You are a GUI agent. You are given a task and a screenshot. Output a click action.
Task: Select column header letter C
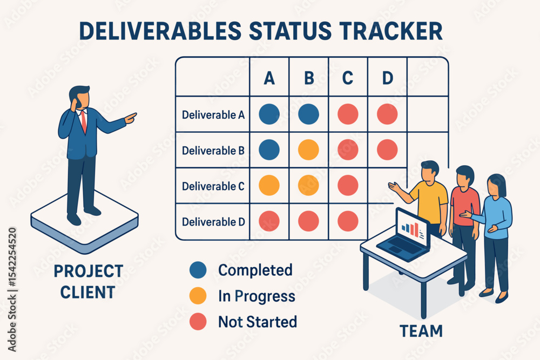[347, 78]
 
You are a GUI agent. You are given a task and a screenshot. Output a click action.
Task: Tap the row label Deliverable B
[213, 151]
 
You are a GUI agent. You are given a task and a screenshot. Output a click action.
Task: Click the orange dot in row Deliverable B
[308, 150]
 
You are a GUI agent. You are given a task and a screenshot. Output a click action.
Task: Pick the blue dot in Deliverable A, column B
[308, 114]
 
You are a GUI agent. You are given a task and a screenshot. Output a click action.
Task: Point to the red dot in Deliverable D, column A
[269, 221]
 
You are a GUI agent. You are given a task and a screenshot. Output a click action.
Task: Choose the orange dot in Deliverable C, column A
[269, 185]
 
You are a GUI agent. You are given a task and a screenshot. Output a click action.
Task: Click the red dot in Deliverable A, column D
[387, 114]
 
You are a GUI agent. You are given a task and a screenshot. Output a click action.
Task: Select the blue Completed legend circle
[198, 270]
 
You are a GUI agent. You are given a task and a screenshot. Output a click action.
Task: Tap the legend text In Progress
[256, 296]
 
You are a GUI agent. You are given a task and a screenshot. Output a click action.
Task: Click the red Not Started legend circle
[198, 322]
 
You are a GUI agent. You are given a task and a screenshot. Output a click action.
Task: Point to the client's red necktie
[83, 121]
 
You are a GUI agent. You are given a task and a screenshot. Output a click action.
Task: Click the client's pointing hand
[131, 117]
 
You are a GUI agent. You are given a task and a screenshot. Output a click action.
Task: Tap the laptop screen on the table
[412, 228]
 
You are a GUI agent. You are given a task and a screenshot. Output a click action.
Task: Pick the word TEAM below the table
[421, 331]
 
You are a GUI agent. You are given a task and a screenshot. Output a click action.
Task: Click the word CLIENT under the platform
[87, 293]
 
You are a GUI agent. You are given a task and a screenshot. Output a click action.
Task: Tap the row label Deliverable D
[213, 222]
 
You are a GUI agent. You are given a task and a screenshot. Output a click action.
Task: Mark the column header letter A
[269, 78]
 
